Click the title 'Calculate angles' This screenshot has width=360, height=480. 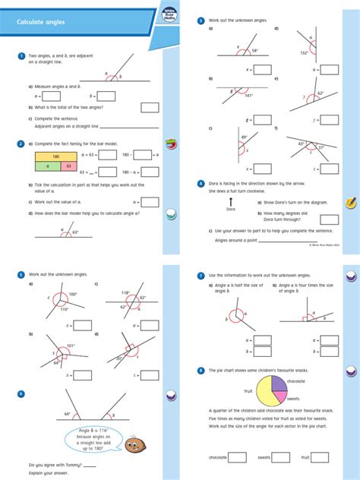click(41, 23)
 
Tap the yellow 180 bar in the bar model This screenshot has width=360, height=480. click(55, 155)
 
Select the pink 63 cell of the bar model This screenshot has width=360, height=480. click(69, 165)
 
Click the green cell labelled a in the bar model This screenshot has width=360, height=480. click(47, 165)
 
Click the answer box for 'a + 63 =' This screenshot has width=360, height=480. click(108, 154)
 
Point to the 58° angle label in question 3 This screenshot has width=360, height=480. click(254, 51)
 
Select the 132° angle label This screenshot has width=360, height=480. click(303, 52)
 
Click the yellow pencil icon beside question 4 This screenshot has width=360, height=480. click(351, 204)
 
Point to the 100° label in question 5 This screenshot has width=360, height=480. click(72, 294)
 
